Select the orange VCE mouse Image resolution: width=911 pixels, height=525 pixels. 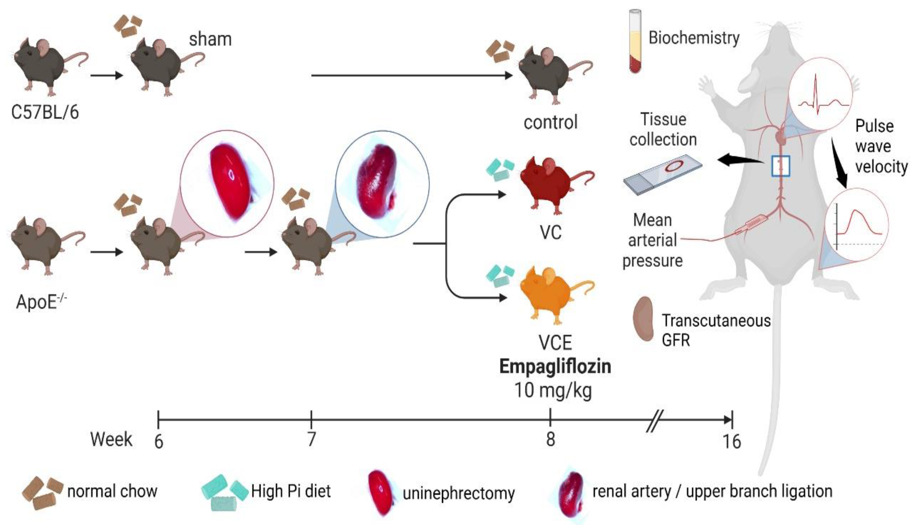coord(551,294)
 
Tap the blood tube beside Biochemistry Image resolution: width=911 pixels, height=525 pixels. coord(635,41)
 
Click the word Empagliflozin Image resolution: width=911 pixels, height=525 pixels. coord(555,367)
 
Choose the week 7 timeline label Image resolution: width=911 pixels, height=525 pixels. coord(311,439)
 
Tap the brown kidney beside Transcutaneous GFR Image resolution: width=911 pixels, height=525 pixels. coord(644,319)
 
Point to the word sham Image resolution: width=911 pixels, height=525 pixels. coord(210,39)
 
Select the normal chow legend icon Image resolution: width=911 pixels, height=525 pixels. coord(42,492)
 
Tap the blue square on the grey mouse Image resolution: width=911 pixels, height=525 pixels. coord(781,166)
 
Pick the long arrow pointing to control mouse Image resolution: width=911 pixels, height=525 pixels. coord(411,75)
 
